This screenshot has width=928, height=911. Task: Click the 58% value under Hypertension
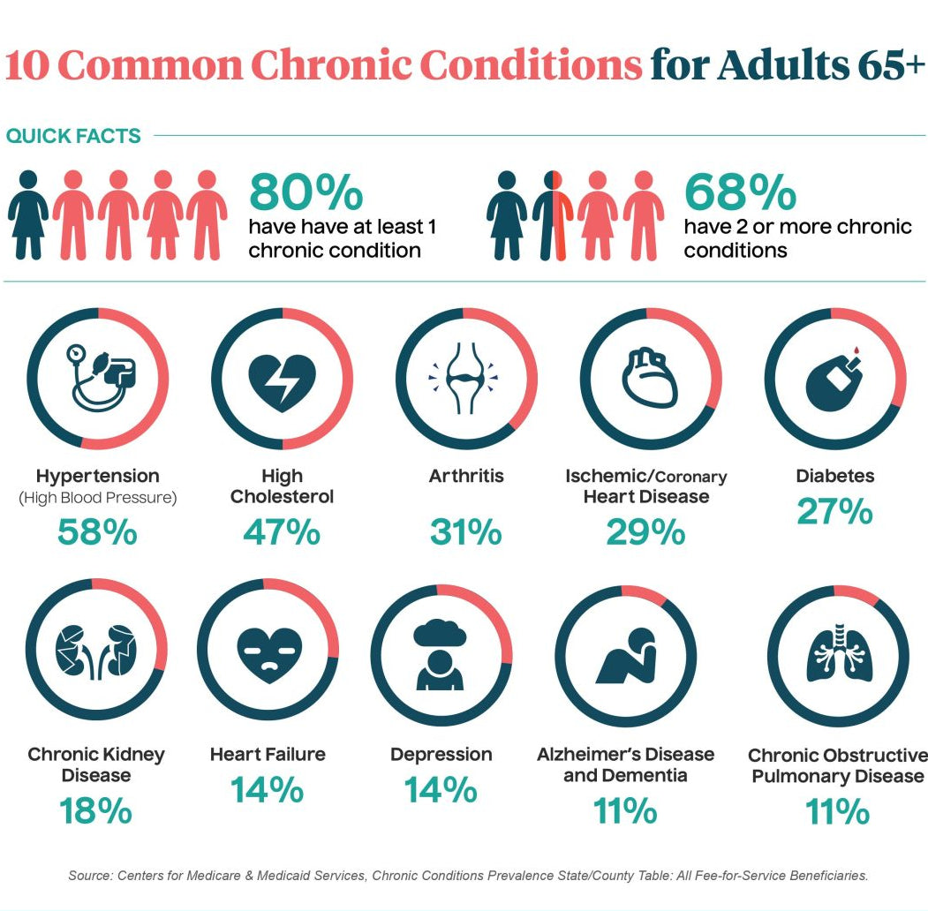click(x=97, y=531)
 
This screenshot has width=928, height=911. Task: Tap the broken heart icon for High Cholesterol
click(x=282, y=380)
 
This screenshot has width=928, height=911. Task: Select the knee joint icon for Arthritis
click(x=464, y=380)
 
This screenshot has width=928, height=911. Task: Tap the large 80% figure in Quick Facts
click(x=306, y=192)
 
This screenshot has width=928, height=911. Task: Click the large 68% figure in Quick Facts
click(x=740, y=192)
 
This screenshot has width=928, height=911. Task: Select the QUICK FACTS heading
click(x=73, y=136)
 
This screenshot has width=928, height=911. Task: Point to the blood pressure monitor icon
click(x=97, y=378)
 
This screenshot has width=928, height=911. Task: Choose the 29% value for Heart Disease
click(x=645, y=531)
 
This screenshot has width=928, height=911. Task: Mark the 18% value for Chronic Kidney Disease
click(x=95, y=811)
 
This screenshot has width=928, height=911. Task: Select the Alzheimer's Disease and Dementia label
click(x=625, y=764)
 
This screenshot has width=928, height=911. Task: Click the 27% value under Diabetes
click(x=834, y=512)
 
